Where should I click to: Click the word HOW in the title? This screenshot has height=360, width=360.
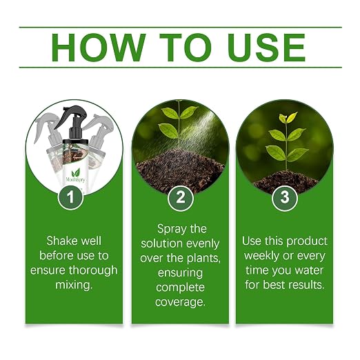click(99, 48)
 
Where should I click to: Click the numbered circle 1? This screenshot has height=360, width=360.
click(70, 197)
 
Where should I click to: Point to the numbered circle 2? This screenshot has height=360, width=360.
click(181, 197)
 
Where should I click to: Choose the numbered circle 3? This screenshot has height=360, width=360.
click(285, 197)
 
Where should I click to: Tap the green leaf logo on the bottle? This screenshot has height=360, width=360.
click(76, 172)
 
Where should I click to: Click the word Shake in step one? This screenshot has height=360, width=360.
click(59, 241)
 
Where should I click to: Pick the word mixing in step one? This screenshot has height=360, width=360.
click(74, 285)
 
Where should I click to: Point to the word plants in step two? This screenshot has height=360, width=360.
click(203, 258)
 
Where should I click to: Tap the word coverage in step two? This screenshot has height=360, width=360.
click(180, 302)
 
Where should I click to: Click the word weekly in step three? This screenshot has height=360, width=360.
click(262, 256)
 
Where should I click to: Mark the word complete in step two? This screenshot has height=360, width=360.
click(180, 288)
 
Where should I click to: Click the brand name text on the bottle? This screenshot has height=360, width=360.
click(75, 179)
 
